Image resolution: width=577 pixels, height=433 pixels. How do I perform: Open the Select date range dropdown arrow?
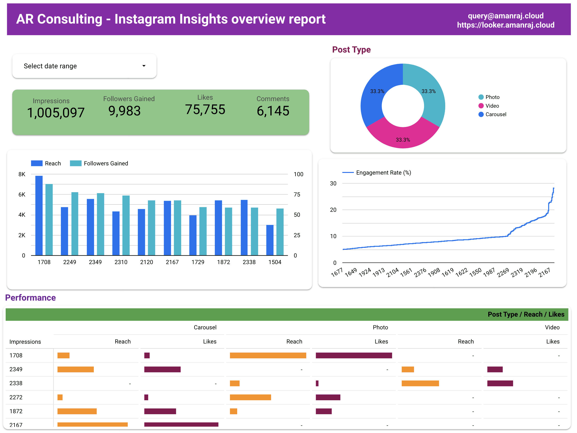click(144, 66)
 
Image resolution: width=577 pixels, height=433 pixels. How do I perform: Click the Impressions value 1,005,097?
click(56, 113)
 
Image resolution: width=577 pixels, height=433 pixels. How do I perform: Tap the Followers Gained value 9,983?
click(124, 111)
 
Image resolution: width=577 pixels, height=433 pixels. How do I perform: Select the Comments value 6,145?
click(273, 111)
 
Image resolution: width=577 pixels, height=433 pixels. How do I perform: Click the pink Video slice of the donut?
click(403, 136)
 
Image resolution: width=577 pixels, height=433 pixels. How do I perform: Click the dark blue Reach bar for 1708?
click(39, 216)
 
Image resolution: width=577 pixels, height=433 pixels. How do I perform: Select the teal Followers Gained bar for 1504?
click(280, 232)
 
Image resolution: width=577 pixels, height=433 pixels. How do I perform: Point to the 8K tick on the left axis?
click(22, 174)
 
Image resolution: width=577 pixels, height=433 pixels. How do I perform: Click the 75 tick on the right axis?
click(297, 195)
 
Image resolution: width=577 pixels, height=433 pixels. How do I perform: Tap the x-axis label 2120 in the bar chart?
click(146, 262)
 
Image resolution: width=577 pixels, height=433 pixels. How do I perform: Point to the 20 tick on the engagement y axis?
click(333, 210)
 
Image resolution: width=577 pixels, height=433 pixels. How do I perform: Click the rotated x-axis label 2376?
click(420, 272)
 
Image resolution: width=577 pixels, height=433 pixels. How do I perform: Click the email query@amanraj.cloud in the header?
click(505, 16)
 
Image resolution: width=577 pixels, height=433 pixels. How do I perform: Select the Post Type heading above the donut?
click(351, 50)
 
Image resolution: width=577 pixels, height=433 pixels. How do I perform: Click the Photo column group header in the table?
click(380, 327)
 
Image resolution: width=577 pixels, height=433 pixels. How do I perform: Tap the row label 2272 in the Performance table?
click(16, 397)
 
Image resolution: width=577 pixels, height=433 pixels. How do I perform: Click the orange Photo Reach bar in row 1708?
click(268, 355)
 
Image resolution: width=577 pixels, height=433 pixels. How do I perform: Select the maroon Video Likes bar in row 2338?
click(500, 383)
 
